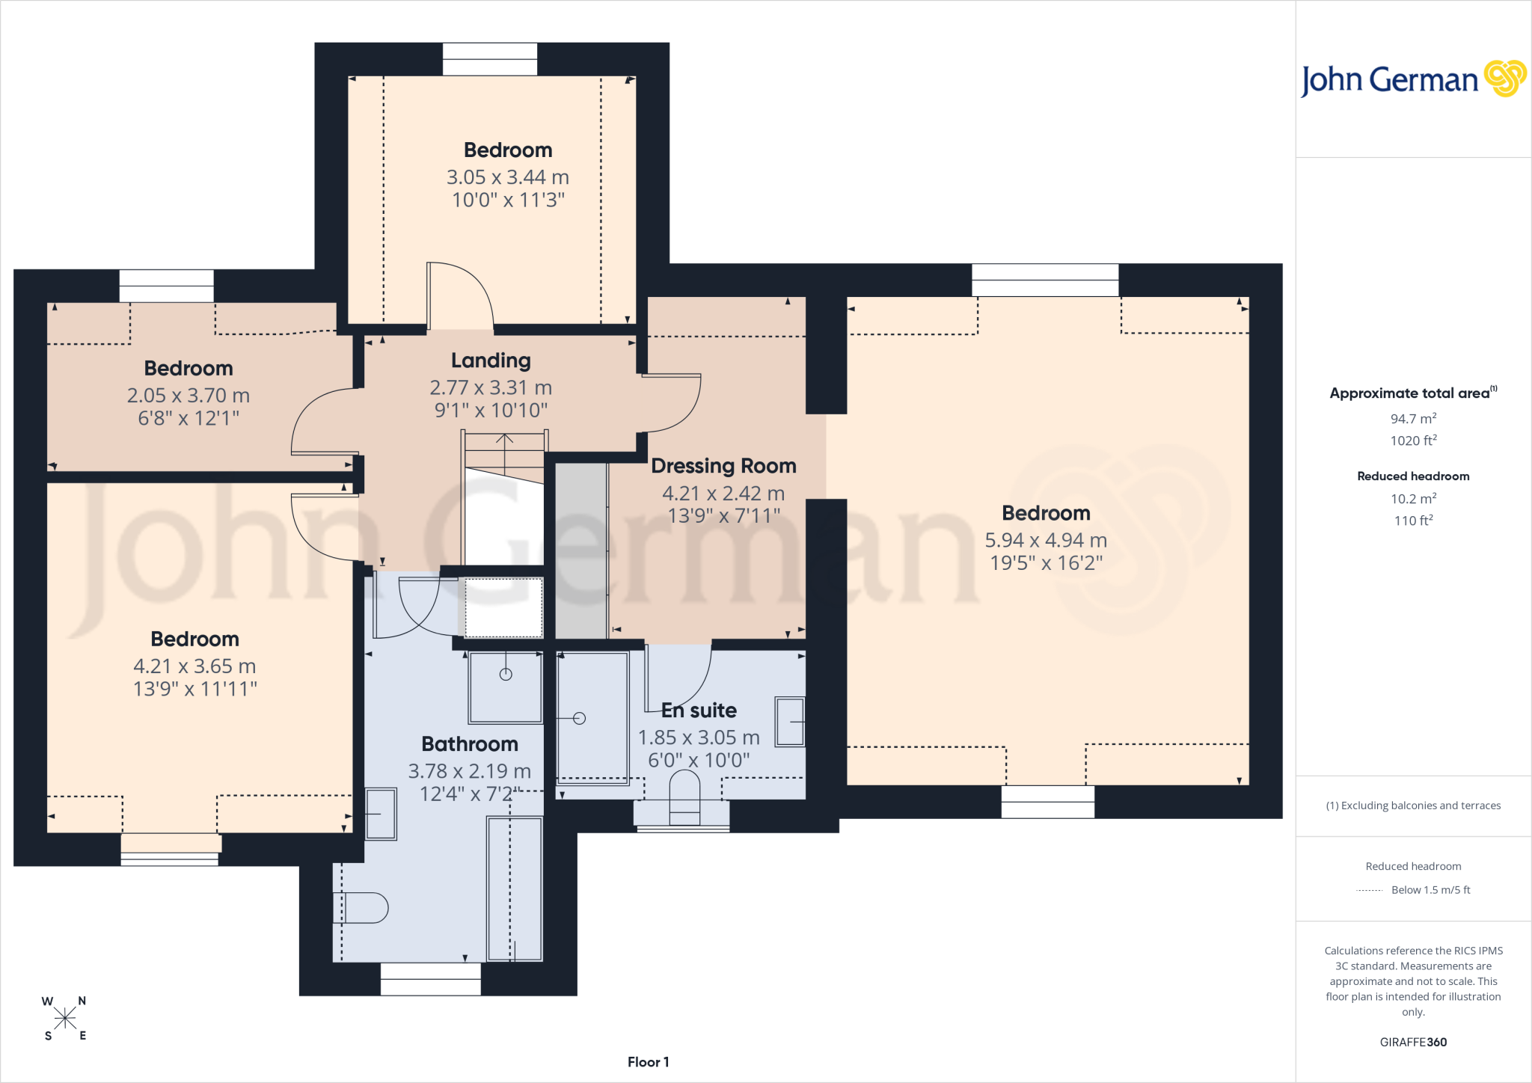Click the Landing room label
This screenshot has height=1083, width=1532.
coord(491,361)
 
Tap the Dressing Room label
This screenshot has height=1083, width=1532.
coord(723,466)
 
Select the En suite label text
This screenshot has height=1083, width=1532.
coord(699,711)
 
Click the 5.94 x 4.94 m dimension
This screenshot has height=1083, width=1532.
coord(1046,540)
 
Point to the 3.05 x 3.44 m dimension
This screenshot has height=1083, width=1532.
coord(508,177)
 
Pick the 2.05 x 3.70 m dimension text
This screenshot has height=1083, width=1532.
coord(189,396)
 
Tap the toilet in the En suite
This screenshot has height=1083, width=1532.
coord(684,797)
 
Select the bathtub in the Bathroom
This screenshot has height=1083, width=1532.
coord(515,889)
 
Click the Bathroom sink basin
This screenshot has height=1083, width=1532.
coord(381,814)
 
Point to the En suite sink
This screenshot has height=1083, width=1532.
coord(790,722)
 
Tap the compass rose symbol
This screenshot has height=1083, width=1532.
coord(65,1018)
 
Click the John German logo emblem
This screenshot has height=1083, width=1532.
coord(1505,79)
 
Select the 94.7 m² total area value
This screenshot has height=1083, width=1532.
coord(1413,419)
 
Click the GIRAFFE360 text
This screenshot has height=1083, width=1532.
coord(1413,1042)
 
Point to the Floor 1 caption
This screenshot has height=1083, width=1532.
coord(649,1062)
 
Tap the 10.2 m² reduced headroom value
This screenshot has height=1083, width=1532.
coord(1413,499)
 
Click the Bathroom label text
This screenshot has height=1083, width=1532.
coord(470,744)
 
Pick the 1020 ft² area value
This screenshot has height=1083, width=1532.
coord(1413,441)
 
